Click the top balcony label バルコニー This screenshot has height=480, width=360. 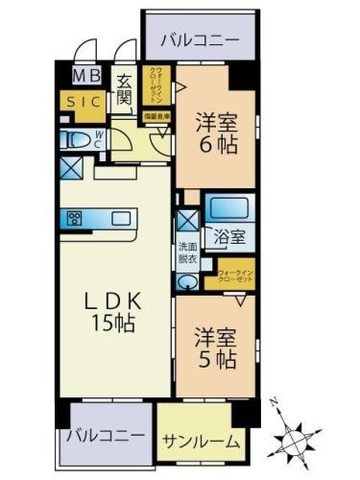pos(200,40)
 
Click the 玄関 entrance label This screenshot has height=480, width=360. pos(125,90)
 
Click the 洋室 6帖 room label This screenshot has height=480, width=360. pos(216,133)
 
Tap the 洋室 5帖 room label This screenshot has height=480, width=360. pos(215,348)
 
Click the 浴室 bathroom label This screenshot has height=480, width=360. pos(228,235)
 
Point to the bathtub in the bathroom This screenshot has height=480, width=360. pos(230,208)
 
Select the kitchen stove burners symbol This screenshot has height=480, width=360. pos(76,216)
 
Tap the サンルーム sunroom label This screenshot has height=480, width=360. pos(200,444)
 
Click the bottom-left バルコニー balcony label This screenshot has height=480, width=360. pos(106,435)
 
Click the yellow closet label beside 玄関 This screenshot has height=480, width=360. pos(155,85)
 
